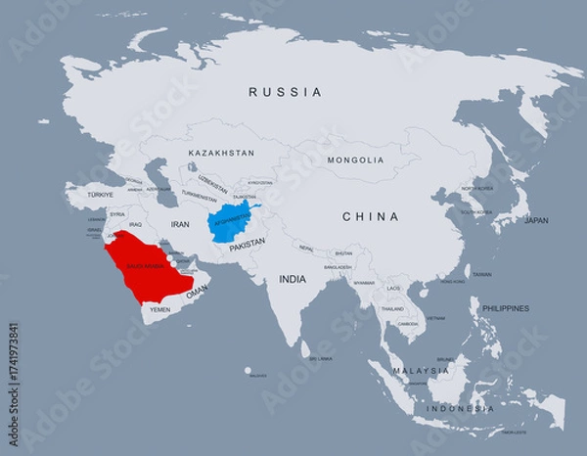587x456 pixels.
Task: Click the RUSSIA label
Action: coord(285,92)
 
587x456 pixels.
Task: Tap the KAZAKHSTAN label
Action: coord(221,154)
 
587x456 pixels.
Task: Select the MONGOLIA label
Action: coord(355,160)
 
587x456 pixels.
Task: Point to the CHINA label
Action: coord(370,216)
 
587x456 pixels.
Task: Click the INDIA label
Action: coord(293,279)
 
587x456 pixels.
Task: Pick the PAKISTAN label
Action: coord(247,248)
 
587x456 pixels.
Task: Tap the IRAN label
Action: coord(180,224)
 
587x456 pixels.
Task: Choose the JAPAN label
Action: coord(536,221)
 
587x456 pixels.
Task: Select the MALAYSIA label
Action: coord(421,371)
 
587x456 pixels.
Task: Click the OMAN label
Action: coord(197,292)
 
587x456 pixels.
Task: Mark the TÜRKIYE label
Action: coord(101,195)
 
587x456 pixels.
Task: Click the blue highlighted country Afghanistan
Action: coord(232,222)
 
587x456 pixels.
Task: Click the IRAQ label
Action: coord(136,224)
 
